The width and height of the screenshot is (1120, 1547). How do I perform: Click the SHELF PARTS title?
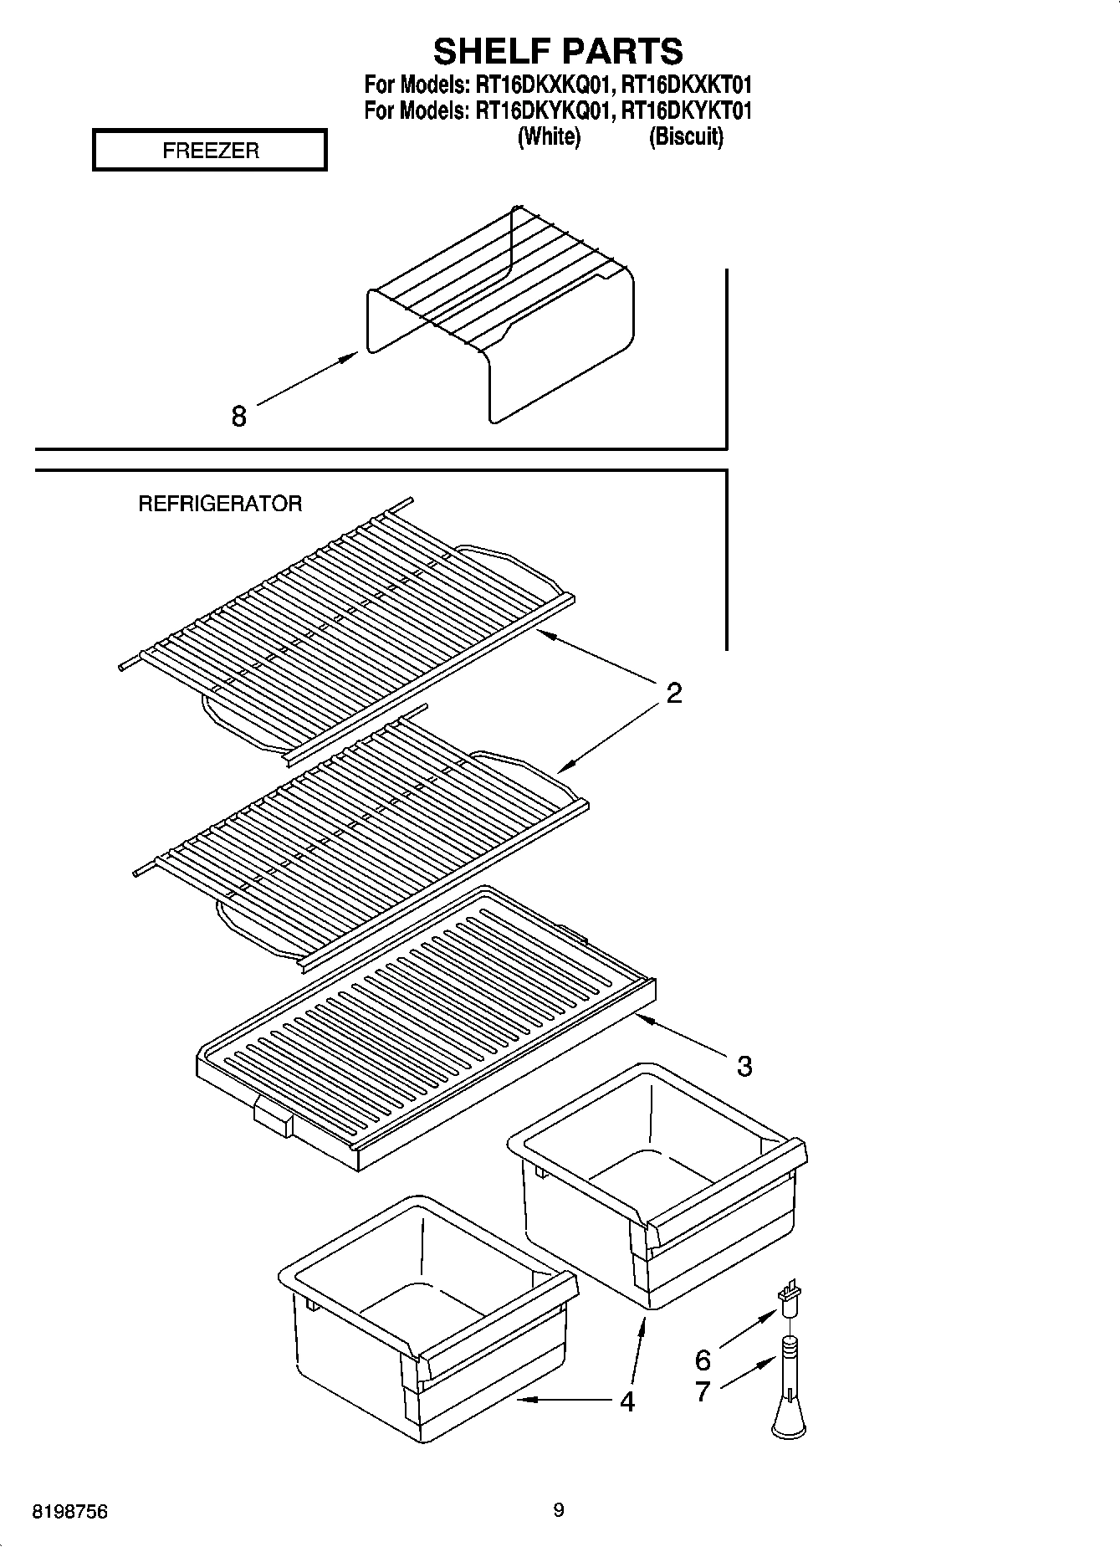click(558, 51)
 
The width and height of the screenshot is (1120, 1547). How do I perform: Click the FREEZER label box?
click(209, 151)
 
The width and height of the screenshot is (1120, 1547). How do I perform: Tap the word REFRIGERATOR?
click(220, 504)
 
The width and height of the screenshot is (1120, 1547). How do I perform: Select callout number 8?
click(239, 416)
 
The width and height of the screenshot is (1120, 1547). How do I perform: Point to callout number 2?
click(673, 693)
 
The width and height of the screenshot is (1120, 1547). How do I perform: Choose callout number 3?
click(744, 1066)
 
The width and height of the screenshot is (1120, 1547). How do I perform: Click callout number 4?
click(626, 1401)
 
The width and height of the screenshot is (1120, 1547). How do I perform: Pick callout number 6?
click(703, 1360)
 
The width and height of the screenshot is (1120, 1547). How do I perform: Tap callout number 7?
click(703, 1391)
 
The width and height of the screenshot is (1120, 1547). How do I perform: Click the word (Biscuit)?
click(686, 136)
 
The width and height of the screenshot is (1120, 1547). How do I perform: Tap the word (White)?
click(549, 136)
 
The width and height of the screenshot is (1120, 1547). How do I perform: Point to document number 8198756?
click(69, 1513)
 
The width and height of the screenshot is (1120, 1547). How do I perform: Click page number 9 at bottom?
click(559, 1510)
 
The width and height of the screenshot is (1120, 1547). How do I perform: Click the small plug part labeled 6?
click(788, 1301)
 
